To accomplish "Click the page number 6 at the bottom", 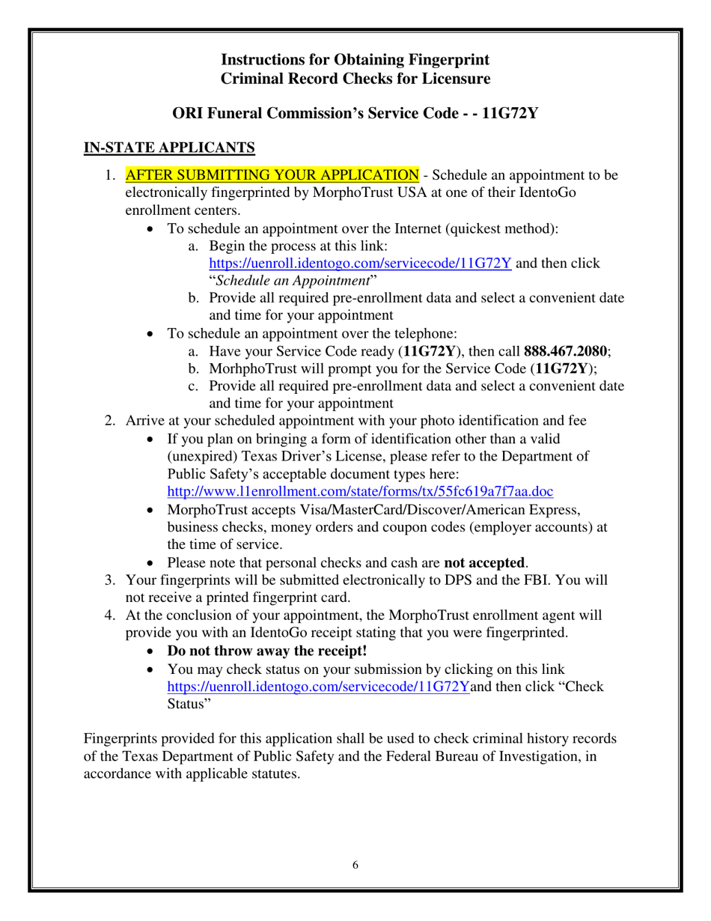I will click(355, 866).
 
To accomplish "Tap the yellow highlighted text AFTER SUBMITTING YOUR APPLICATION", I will click(272, 176).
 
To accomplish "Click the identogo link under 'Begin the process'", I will click(360, 264).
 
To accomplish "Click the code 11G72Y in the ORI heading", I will click(510, 114).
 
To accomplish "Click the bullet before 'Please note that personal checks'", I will click(153, 562).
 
